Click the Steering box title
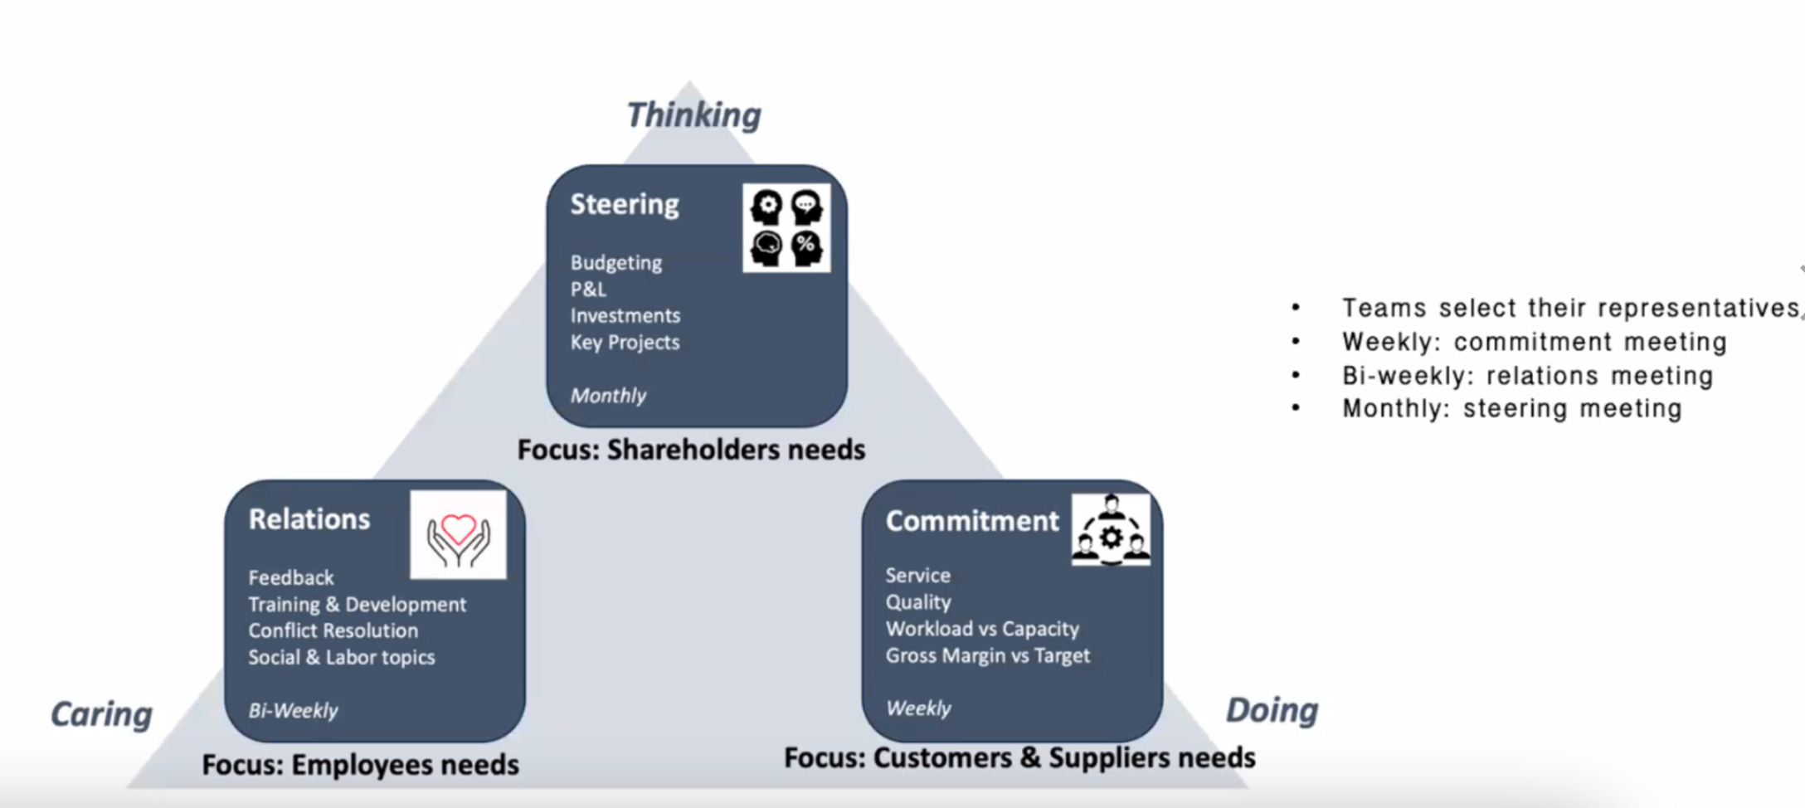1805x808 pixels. click(624, 204)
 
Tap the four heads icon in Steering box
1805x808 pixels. click(786, 228)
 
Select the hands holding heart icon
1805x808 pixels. click(458, 535)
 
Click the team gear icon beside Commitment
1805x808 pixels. click(1111, 531)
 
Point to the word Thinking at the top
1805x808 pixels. click(693, 114)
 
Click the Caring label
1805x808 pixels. click(101, 713)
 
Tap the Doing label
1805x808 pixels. click(1272, 710)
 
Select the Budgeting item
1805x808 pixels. click(615, 263)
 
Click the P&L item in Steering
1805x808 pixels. click(588, 290)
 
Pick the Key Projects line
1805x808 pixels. click(625, 343)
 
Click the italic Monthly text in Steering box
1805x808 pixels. click(608, 396)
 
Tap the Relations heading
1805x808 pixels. click(309, 519)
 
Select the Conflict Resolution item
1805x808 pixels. click(333, 630)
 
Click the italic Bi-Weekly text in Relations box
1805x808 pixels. click(293, 711)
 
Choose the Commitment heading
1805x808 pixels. click(972, 521)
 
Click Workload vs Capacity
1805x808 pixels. click(982, 629)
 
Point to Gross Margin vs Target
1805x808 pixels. click(987, 655)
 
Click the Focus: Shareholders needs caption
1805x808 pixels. click(691, 450)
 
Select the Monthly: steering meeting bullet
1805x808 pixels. click(1511, 408)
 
